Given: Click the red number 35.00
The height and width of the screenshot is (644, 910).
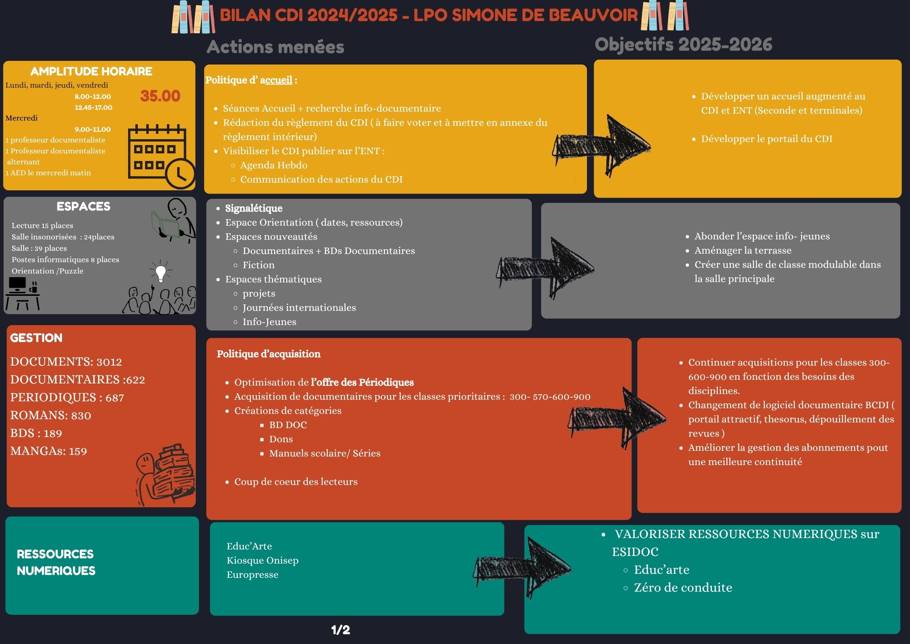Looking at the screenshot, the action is [x=160, y=96].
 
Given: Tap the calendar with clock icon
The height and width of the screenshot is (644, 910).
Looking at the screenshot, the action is [x=162, y=156].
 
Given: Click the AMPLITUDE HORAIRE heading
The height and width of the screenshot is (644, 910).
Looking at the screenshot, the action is [x=91, y=71].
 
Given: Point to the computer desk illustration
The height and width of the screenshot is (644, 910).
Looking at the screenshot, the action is [x=23, y=293].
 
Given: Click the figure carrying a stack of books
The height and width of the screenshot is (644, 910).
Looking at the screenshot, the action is [x=165, y=475].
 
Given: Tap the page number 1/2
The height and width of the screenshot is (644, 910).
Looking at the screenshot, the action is [x=340, y=630].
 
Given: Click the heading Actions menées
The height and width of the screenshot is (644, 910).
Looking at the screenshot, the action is [x=275, y=47].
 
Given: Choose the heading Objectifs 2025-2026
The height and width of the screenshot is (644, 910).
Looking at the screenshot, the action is [x=683, y=45].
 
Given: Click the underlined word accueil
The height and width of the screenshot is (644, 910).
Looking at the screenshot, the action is [x=276, y=80].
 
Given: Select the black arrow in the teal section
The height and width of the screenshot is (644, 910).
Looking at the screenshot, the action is [x=522, y=568].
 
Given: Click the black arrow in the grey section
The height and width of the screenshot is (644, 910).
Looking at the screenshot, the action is [x=545, y=268].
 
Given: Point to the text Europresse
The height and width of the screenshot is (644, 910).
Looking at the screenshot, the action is [x=253, y=575].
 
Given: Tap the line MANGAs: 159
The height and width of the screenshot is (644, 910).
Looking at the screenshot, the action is [x=49, y=451].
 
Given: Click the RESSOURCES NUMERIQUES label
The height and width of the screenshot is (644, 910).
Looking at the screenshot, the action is [x=56, y=562].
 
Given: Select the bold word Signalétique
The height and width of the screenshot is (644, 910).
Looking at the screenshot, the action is [x=254, y=208].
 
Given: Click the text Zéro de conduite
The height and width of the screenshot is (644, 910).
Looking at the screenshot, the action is [x=683, y=588].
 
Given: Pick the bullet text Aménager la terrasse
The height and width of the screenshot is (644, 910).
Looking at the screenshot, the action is [x=743, y=250].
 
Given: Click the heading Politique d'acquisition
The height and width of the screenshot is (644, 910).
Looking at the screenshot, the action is [x=269, y=354].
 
